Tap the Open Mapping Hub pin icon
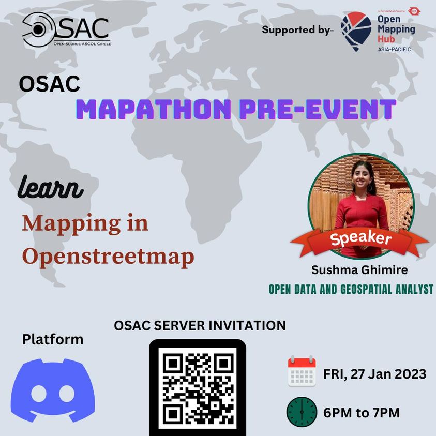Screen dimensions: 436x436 356,31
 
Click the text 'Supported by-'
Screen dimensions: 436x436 298,29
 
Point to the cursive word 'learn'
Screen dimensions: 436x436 50,189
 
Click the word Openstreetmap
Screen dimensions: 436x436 108,257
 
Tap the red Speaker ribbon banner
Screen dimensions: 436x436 360,239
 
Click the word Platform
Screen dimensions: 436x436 52,340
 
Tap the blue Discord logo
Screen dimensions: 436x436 53,390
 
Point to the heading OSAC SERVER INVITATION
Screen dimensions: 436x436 200,326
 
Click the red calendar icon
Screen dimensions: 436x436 302,371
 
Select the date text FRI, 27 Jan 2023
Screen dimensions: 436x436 375,373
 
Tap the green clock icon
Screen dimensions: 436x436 302,412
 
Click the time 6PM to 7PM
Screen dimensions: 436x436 361,413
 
